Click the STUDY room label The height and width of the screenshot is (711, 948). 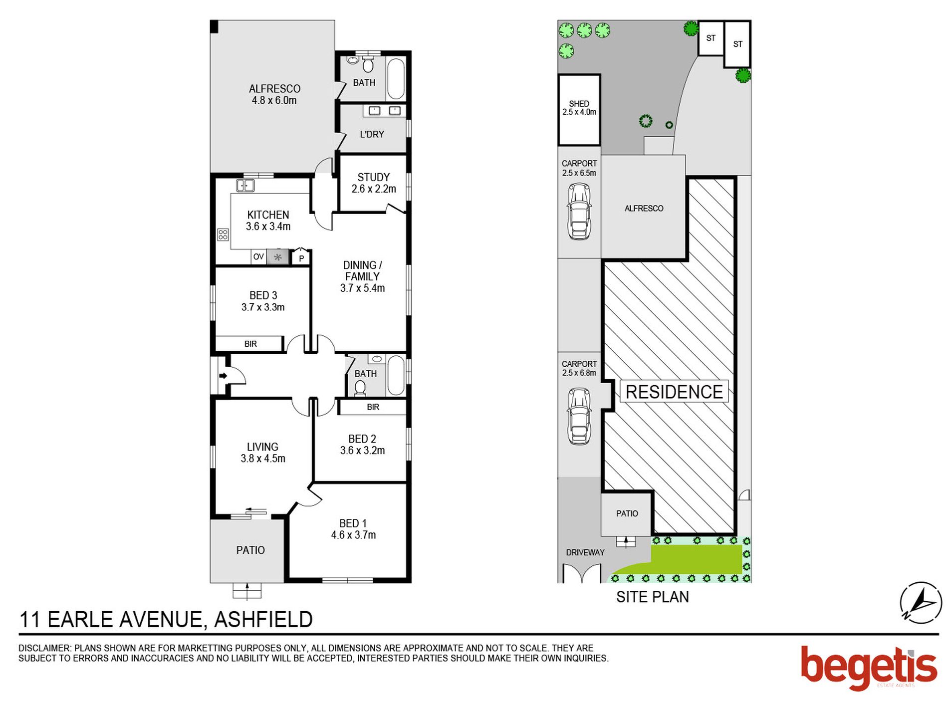[x=373, y=177]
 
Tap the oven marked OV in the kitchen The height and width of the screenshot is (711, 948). [x=258, y=257]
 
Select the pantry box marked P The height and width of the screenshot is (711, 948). [x=301, y=258]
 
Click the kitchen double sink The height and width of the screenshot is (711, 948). [x=244, y=186]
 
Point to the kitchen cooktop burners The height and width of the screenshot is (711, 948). [x=223, y=234]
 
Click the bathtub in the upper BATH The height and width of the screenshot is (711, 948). [x=396, y=79]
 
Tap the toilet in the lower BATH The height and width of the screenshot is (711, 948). [x=360, y=388]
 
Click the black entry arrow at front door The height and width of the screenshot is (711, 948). [x=223, y=376]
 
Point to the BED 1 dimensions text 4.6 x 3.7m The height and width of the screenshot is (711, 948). [x=353, y=535]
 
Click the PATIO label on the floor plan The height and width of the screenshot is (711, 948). [x=250, y=550]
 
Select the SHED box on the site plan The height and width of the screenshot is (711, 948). [x=578, y=110]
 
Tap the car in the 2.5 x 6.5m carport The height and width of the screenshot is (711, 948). [x=579, y=211]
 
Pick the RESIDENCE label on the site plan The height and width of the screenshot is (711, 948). [x=673, y=392]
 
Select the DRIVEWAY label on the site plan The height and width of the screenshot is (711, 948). [x=585, y=552]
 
